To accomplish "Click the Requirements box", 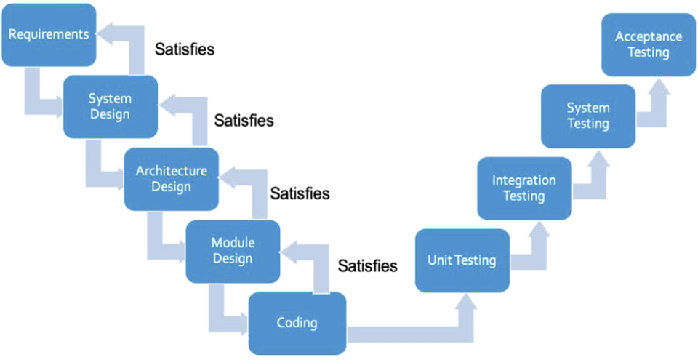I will pyautogui.click(x=49, y=35).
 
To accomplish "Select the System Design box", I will pyautogui.click(x=110, y=106).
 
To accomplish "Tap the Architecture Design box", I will pyautogui.click(x=172, y=179).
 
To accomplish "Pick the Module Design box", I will pyautogui.click(x=233, y=251).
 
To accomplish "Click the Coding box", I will pyautogui.click(x=297, y=323).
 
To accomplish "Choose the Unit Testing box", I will pyautogui.click(x=462, y=260).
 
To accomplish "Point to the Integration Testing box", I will pyautogui.click(x=523, y=188).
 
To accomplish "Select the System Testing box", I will pyautogui.click(x=587, y=116).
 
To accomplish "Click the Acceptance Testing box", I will pyautogui.click(x=649, y=44).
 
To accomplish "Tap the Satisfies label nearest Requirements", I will pyautogui.click(x=185, y=49).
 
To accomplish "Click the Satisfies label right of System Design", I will pyautogui.click(x=244, y=121).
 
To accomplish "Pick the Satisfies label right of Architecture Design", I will pyautogui.click(x=300, y=193).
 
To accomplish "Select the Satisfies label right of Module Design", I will pyautogui.click(x=367, y=265).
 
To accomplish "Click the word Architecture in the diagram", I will pyautogui.click(x=172, y=172).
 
